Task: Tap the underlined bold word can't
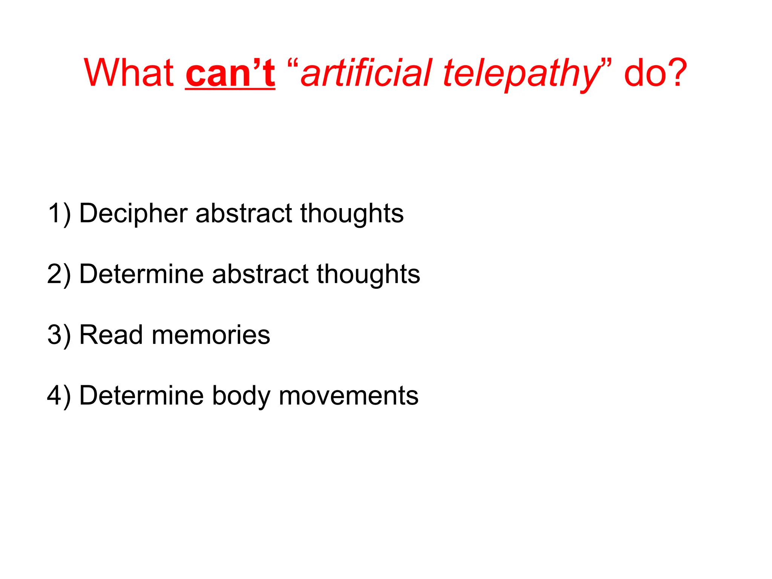click(x=230, y=74)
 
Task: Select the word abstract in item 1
click(x=244, y=214)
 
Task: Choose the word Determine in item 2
click(x=142, y=274)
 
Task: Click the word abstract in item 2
click(x=260, y=274)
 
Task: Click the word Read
click(x=111, y=335)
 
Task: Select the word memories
click(x=211, y=335)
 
